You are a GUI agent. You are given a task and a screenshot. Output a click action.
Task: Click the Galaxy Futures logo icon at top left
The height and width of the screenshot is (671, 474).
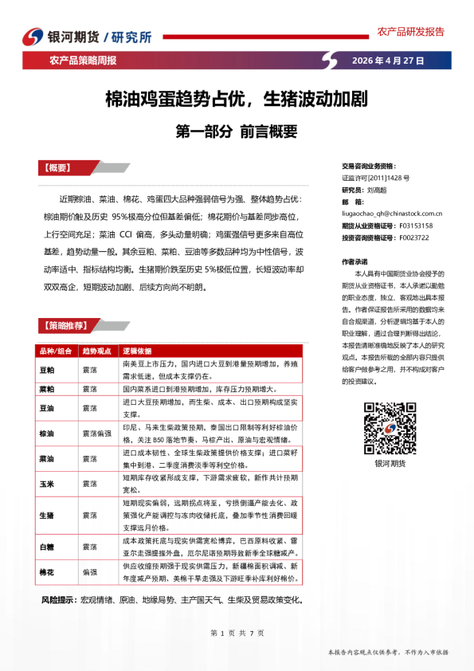[31, 37]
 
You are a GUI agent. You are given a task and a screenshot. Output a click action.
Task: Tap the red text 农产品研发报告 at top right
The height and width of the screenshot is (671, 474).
[410, 32]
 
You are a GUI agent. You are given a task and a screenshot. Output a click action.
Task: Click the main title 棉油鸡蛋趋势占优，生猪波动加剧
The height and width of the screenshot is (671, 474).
[236, 100]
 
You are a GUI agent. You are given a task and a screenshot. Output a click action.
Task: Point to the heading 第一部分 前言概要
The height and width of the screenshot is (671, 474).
[236, 131]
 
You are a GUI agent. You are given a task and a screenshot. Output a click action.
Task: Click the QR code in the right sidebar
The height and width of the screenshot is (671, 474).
[384, 426]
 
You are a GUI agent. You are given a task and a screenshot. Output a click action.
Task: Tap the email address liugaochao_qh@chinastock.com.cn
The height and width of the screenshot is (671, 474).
[391, 214]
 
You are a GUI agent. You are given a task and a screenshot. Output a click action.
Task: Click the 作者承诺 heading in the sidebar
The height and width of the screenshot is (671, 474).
[355, 261]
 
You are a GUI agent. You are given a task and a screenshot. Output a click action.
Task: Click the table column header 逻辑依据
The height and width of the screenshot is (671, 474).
[136, 351]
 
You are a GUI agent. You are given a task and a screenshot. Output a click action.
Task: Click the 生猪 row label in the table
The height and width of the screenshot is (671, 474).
[47, 516]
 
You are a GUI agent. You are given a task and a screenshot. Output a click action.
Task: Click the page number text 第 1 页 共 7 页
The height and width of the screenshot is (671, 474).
[237, 633]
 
